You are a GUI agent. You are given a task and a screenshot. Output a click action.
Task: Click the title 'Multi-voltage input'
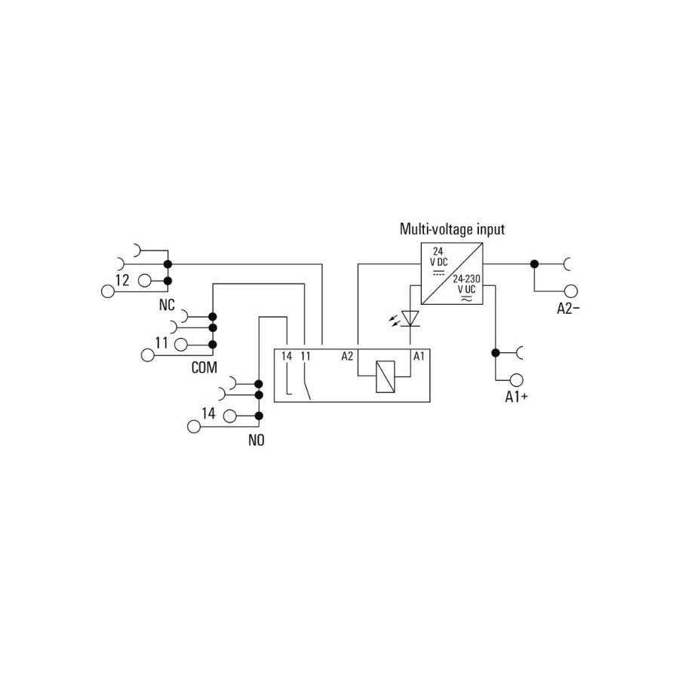click(452, 229)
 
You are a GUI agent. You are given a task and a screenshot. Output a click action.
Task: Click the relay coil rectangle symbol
click(385, 376)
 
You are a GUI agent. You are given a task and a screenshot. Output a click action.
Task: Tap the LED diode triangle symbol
click(410, 318)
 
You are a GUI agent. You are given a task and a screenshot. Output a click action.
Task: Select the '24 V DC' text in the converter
click(438, 257)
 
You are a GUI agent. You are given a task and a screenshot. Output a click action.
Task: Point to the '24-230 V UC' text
click(466, 284)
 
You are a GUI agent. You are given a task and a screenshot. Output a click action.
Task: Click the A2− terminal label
click(568, 309)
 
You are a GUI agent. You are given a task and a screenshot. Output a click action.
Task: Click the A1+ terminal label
click(517, 397)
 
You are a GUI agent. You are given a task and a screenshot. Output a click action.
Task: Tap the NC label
click(167, 305)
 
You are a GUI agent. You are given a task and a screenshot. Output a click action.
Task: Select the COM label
click(204, 367)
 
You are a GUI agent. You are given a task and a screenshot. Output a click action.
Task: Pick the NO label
click(257, 441)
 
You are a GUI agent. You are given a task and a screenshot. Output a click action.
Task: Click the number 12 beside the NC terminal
click(122, 280)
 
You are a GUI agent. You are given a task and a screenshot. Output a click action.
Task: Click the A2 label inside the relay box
click(347, 356)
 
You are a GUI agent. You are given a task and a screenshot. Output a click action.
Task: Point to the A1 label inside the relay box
click(419, 356)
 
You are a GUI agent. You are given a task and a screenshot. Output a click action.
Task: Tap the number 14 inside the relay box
click(287, 356)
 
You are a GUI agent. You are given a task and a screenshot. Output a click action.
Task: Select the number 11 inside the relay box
click(306, 356)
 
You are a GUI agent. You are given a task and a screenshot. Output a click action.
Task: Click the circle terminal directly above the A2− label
click(571, 291)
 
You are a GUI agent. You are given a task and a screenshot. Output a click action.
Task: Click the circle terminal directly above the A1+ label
click(516, 380)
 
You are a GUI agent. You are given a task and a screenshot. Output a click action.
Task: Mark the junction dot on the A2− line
click(535, 264)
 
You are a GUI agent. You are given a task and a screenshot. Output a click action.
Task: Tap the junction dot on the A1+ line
click(496, 353)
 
